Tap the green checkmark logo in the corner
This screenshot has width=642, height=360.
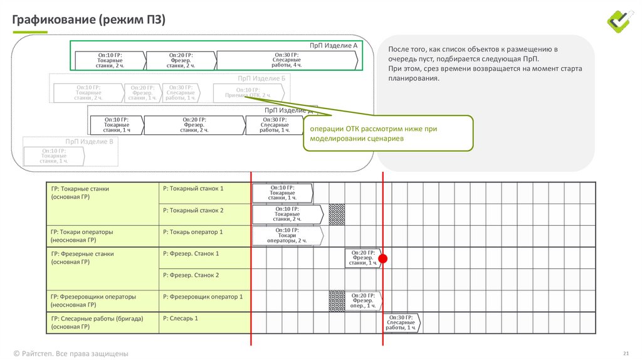621,21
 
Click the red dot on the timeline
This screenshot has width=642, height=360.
383,258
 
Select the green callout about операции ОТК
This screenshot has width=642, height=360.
387,133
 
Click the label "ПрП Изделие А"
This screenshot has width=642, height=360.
333,46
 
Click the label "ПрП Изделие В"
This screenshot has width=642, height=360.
89,142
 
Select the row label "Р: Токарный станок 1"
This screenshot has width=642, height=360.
192,188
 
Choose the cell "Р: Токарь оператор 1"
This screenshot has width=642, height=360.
192,232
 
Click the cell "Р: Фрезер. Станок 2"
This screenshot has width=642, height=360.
191,275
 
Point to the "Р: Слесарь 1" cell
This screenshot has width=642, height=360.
180,319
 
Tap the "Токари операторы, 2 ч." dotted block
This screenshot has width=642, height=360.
287,236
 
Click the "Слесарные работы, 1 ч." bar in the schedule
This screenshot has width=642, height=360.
401,323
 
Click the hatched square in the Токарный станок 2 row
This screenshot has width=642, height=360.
337,214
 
